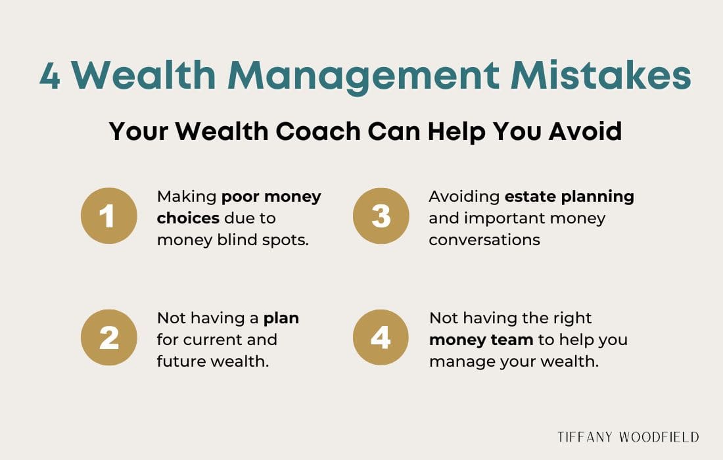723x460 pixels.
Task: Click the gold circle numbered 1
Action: coord(109,216)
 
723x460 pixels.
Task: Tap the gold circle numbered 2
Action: coord(109,338)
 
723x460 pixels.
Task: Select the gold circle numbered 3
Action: coord(381,216)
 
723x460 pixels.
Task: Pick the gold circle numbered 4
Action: coord(381,338)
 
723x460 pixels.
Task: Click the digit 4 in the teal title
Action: coord(50,78)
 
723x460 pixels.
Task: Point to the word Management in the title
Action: coord(363,76)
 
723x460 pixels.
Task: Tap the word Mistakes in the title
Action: coord(601,76)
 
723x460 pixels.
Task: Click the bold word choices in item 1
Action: coord(188,218)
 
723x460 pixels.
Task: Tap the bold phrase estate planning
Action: coord(569,196)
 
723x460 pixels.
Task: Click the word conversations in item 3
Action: coord(484,240)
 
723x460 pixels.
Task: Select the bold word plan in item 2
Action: coord(281,319)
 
